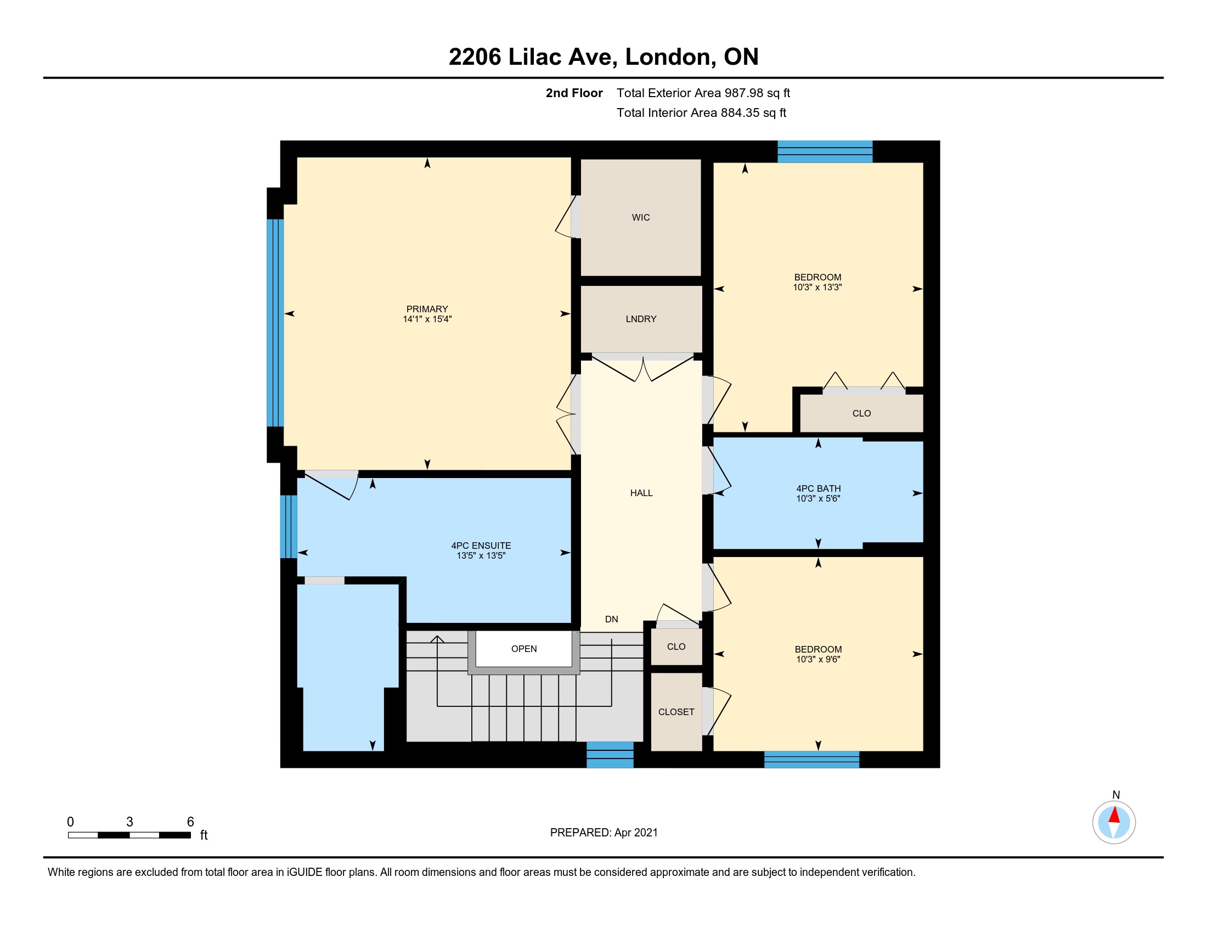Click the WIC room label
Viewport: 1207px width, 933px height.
(640, 218)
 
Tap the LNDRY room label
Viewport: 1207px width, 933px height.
(641, 319)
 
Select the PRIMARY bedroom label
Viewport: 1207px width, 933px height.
(427, 309)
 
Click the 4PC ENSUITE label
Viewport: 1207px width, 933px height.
(481, 546)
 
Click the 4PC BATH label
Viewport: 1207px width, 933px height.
(819, 488)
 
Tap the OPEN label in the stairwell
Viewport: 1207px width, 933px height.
(524, 649)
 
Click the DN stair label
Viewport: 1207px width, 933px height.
(611, 619)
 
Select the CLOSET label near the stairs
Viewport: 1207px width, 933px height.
(676, 712)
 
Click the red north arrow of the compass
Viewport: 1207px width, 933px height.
(1114, 815)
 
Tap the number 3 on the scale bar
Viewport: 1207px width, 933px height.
(129, 822)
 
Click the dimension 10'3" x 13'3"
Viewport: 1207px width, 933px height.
(817, 288)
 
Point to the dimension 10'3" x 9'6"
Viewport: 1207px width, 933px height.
(818, 659)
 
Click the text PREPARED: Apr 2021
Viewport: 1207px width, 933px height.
(604, 833)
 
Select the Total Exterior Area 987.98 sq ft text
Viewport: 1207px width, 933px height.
(703, 93)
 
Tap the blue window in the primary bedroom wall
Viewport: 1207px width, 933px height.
(275, 323)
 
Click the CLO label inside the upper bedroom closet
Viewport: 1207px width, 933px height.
(861, 413)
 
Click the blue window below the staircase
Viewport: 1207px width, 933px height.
(610, 755)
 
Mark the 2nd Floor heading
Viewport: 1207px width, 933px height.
(574, 93)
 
